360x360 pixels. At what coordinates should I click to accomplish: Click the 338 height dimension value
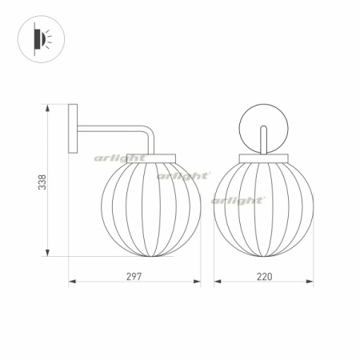click(42, 182)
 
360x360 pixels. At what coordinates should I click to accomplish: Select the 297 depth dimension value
click(134, 276)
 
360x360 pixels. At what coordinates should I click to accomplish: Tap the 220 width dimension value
click(264, 276)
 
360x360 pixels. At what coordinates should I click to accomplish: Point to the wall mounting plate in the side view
click(73, 130)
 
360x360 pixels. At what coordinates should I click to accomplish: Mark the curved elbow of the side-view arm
click(148, 133)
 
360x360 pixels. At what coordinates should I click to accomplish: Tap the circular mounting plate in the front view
click(264, 128)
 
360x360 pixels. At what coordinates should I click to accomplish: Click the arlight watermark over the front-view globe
click(238, 200)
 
